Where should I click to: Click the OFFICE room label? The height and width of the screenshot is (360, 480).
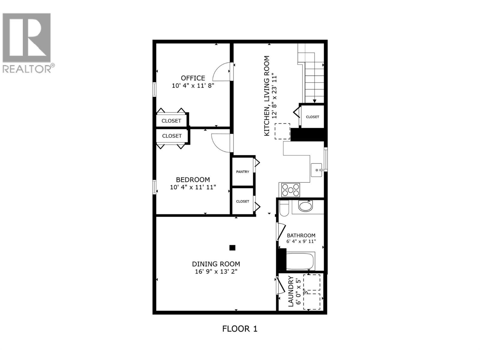coord(193,78)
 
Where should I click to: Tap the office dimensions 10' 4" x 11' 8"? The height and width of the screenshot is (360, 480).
coord(193,85)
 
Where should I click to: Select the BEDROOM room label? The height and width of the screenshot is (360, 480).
coord(193,180)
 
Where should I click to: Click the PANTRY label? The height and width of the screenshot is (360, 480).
coord(242,172)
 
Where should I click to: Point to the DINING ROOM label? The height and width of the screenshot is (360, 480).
coord(216,264)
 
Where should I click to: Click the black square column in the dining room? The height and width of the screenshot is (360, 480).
coord(232,248)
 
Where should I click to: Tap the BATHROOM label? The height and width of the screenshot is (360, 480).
coord(301,235)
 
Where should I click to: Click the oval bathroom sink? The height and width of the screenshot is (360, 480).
coord(306,206)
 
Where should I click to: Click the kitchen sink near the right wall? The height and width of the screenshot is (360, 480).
coord(317,170)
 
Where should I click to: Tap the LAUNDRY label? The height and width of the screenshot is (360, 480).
coord(291,291)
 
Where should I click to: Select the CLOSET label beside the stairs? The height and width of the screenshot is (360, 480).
coord(312,117)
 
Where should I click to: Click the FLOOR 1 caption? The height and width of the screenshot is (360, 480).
coord(240,329)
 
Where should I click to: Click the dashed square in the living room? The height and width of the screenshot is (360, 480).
coord(282,131)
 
